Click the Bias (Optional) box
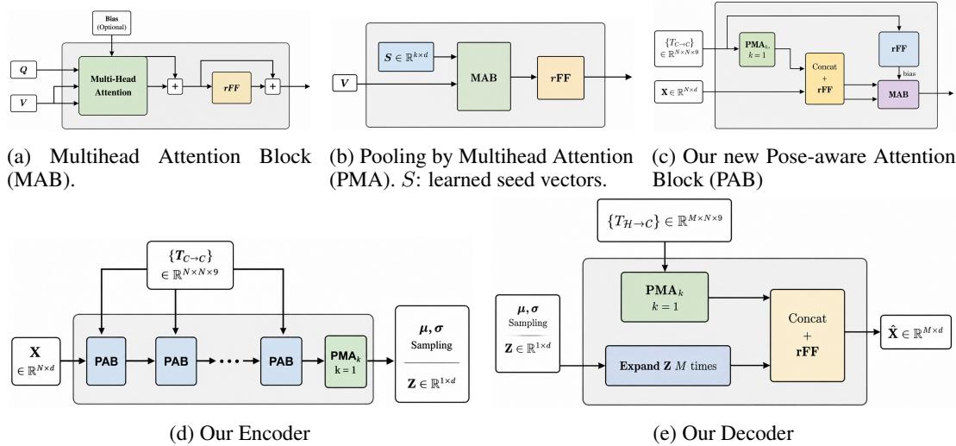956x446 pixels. (x=111, y=22)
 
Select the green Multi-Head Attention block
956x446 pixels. (x=113, y=86)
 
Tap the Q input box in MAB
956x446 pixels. (x=24, y=70)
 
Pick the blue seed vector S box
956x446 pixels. (x=405, y=55)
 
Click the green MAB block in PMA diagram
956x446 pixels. (x=484, y=77)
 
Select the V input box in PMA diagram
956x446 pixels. (x=345, y=82)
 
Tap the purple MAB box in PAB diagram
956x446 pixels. (x=898, y=94)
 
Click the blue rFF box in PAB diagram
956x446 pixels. (x=898, y=49)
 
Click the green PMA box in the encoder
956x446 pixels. (x=346, y=361)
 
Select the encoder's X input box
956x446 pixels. (x=36, y=361)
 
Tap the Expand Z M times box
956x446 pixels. (x=667, y=366)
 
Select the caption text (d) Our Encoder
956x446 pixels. (x=239, y=433)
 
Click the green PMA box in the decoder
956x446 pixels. (x=664, y=297)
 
